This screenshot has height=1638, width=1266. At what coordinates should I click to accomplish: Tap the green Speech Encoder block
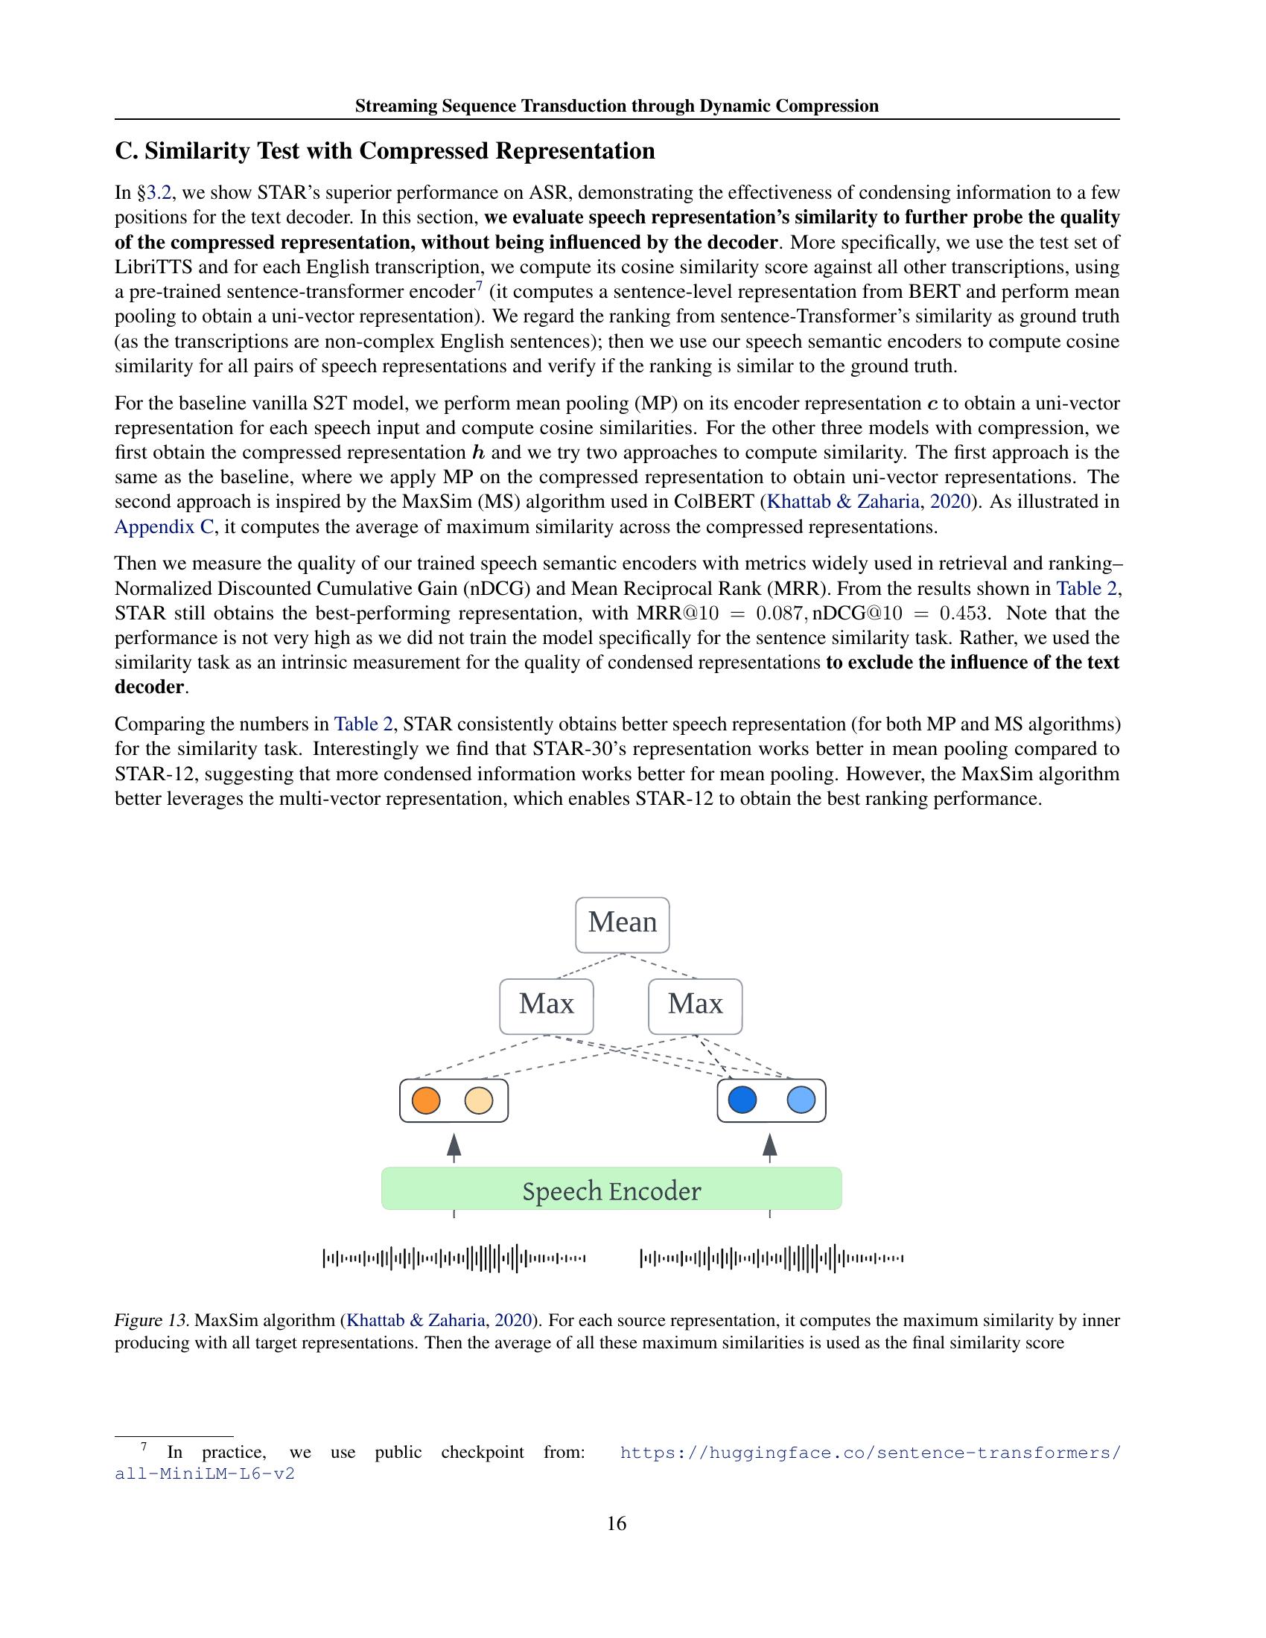click(x=611, y=1191)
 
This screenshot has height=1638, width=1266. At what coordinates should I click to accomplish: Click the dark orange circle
click(x=426, y=1100)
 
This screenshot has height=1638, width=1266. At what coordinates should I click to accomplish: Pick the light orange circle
click(x=479, y=1100)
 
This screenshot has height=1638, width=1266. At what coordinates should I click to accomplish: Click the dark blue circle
click(x=742, y=1100)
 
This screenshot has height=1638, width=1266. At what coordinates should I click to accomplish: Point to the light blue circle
click(x=801, y=1100)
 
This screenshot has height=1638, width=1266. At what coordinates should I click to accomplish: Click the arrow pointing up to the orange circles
click(x=453, y=1147)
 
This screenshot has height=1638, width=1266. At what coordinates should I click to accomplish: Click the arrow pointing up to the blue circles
click(x=769, y=1147)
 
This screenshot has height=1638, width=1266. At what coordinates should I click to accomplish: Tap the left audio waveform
click(x=454, y=1258)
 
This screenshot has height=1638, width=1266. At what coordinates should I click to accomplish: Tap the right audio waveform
click(x=771, y=1258)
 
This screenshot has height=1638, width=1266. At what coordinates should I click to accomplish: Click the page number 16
click(x=617, y=1523)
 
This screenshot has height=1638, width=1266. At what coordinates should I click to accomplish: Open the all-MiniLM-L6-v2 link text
click(x=204, y=1473)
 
